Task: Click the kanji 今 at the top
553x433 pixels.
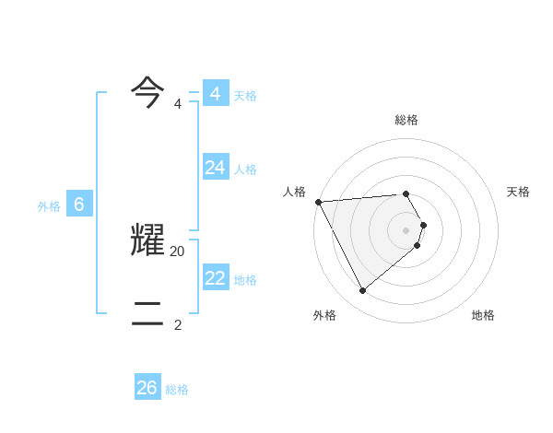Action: pos(147,92)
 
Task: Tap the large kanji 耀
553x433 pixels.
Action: pos(147,240)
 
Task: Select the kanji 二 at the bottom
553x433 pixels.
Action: pos(147,313)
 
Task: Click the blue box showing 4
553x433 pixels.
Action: pos(215,94)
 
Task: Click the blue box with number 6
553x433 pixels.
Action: pos(79,205)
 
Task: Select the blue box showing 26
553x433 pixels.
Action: pos(147,388)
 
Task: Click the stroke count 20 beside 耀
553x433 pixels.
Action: pos(178,252)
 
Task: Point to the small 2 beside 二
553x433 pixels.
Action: pos(178,324)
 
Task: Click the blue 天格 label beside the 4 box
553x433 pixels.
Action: pos(245,96)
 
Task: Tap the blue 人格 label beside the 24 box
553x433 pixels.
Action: pos(245,170)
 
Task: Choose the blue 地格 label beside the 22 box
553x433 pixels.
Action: pos(245,280)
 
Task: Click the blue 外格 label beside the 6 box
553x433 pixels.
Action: pos(49,207)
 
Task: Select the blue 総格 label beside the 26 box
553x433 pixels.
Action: pos(177,391)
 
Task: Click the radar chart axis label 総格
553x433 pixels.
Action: pos(406,120)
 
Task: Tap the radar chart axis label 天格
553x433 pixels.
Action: pos(519,192)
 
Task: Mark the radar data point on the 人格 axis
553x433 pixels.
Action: pos(318,202)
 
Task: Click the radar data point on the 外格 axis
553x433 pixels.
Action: pos(362,290)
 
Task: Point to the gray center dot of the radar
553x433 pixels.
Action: pos(406,230)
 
